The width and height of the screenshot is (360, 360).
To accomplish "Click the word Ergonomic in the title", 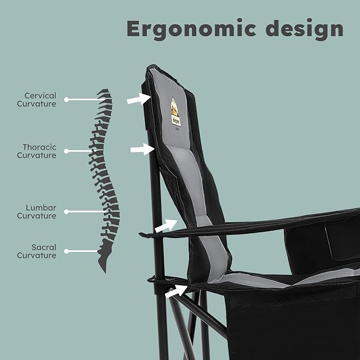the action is [191, 29].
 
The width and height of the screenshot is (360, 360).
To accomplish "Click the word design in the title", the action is [304, 29].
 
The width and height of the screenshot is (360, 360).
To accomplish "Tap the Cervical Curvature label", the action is [37, 100].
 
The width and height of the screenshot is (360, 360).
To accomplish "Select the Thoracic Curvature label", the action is [37, 151].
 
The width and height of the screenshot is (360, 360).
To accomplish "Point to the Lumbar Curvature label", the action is [37, 212].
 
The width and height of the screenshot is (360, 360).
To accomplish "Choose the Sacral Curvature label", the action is [37, 251].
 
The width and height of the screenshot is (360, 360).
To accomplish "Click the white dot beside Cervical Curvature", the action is [66, 100].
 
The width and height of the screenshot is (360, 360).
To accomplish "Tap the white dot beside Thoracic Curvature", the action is [66, 151].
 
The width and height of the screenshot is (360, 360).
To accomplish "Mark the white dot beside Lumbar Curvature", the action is [66, 212].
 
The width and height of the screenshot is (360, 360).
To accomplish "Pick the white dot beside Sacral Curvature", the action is [66, 251].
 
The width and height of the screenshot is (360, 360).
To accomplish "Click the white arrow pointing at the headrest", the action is [139, 99].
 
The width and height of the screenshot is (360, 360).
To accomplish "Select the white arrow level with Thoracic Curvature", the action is [142, 149].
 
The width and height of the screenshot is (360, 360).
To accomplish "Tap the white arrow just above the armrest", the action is [166, 226].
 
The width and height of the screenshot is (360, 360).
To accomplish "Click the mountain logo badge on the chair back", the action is [176, 112].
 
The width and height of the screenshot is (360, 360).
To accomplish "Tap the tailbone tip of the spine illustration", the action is [105, 273].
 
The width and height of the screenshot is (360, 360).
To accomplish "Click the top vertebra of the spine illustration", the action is [103, 91].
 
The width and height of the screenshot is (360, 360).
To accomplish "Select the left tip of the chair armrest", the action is [139, 234].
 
